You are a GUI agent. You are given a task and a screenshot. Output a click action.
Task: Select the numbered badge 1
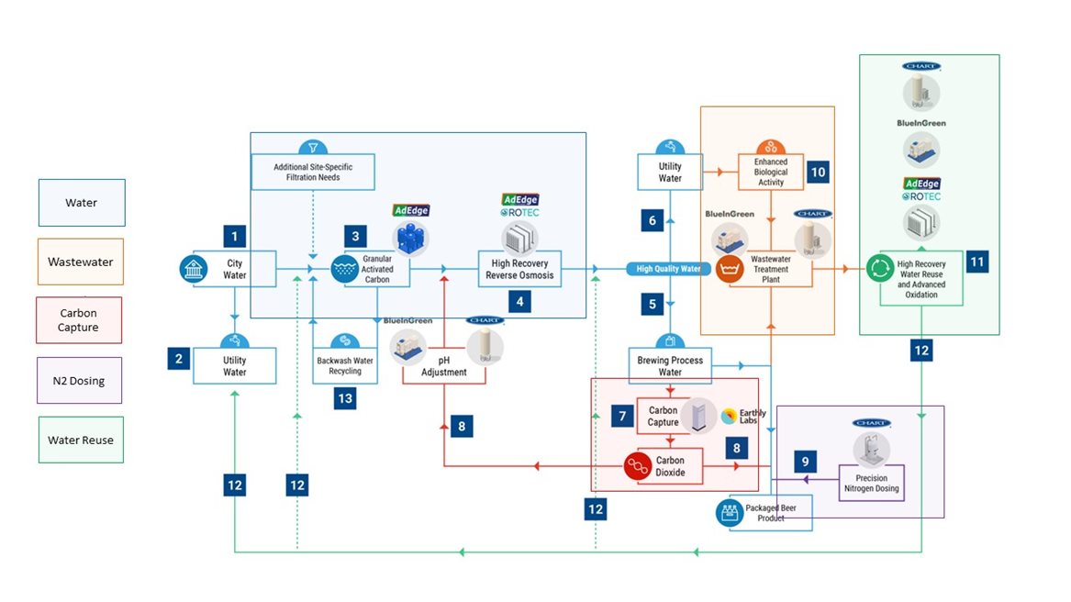(235, 237)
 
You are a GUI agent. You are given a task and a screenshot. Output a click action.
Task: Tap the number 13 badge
(345, 397)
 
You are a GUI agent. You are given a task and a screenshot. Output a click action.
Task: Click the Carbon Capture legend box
(79, 319)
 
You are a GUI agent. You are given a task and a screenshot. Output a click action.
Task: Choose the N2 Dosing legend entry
(79, 380)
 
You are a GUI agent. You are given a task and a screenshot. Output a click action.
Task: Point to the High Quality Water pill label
(669, 269)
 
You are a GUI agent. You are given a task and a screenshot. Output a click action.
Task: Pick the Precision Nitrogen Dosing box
(871, 483)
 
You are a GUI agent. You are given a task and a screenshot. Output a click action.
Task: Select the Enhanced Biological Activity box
(771, 172)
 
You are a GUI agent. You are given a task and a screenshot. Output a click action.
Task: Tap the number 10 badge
(817, 171)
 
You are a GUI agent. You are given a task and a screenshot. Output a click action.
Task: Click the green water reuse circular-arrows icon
(879, 269)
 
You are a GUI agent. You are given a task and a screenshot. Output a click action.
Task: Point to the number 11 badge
(977, 262)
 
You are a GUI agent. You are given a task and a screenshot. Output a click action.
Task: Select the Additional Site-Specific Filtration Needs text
(313, 172)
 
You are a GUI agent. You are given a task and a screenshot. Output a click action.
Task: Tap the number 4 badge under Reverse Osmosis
(520, 300)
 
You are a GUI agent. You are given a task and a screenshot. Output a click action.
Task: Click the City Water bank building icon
(193, 269)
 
